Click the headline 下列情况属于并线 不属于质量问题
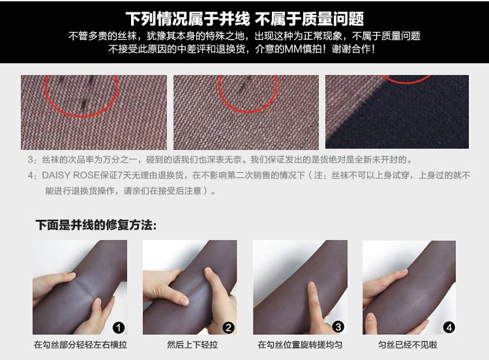[x=244, y=19]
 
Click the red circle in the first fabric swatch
[x=81, y=115]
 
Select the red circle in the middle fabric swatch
[x=248, y=112]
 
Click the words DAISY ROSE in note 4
[x=71, y=175]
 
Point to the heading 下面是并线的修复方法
[x=96, y=225]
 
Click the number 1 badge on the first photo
[x=118, y=327]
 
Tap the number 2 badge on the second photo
[x=229, y=327]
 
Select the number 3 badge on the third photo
[x=338, y=327]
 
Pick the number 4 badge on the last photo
[x=449, y=327]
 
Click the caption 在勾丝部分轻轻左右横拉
[x=80, y=345]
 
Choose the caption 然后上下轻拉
[x=192, y=345]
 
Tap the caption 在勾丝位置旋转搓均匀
[x=300, y=345]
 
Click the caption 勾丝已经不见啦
[x=407, y=345]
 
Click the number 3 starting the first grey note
[x=31, y=160]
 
